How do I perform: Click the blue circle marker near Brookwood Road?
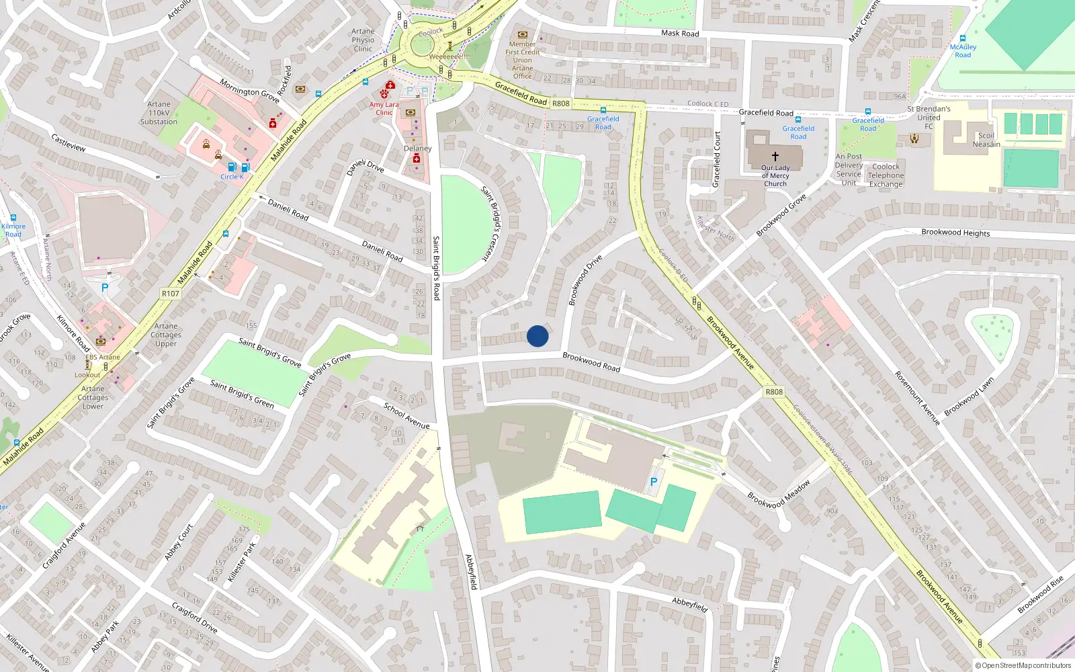pos(537,336)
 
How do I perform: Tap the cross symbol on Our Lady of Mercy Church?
pos(775,156)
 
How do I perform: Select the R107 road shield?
pos(171,294)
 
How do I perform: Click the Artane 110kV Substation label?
pos(159,113)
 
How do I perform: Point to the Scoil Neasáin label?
pos(986,140)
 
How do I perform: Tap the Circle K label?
pos(232,177)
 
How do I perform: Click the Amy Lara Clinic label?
pos(384,108)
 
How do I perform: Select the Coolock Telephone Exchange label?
pos(886,175)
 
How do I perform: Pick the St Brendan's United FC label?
pos(929,117)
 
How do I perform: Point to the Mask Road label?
pos(680,33)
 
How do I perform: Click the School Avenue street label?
pos(406,415)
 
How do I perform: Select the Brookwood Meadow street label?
pos(779,494)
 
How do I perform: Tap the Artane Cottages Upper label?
pos(166,335)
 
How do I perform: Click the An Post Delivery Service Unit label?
pos(849,169)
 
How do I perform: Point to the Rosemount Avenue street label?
pos(916,398)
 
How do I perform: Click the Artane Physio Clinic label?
pos(363,40)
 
